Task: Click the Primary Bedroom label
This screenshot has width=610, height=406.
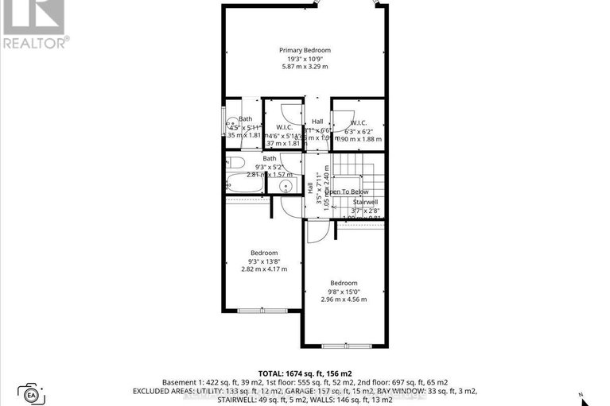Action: [305, 50]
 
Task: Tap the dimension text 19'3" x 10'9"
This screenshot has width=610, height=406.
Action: [305, 58]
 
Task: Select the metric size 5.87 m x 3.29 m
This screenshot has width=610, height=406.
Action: [305, 66]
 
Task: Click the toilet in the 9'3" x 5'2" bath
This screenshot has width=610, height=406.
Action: [236, 163]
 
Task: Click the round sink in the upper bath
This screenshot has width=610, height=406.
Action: [231, 123]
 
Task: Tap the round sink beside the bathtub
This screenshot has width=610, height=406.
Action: [285, 187]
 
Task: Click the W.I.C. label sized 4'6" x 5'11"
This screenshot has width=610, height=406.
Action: [286, 128]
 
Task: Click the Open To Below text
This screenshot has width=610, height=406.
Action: [344, 191]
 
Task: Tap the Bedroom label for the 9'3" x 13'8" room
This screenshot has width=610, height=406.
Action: [264, 253]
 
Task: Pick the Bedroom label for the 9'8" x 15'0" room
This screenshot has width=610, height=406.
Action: [344, 283]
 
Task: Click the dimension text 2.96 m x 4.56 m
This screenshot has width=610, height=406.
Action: [344, 300]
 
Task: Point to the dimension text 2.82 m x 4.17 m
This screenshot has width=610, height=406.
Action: [264, 269]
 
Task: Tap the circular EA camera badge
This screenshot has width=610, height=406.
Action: [33, 392]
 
